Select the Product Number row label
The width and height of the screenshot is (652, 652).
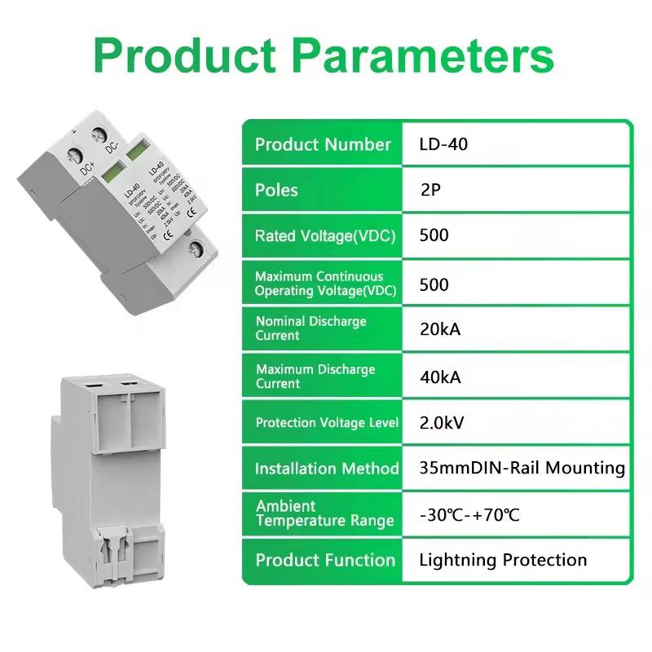point(323,144)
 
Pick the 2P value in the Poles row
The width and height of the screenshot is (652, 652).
point(434,191)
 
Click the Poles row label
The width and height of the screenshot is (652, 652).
point(276,191)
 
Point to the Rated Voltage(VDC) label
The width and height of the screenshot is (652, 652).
point(324,236)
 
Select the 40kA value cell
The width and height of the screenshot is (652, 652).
point(440,377)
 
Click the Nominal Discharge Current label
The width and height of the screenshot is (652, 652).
point(311,328)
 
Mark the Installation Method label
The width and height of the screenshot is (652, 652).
point(326,469)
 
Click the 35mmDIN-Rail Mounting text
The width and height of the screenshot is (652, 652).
point(522,469)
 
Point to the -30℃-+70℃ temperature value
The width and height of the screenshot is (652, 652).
point(469,515)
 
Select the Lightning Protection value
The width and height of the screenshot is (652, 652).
point(503,560)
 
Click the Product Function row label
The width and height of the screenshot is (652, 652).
point(324,560)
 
